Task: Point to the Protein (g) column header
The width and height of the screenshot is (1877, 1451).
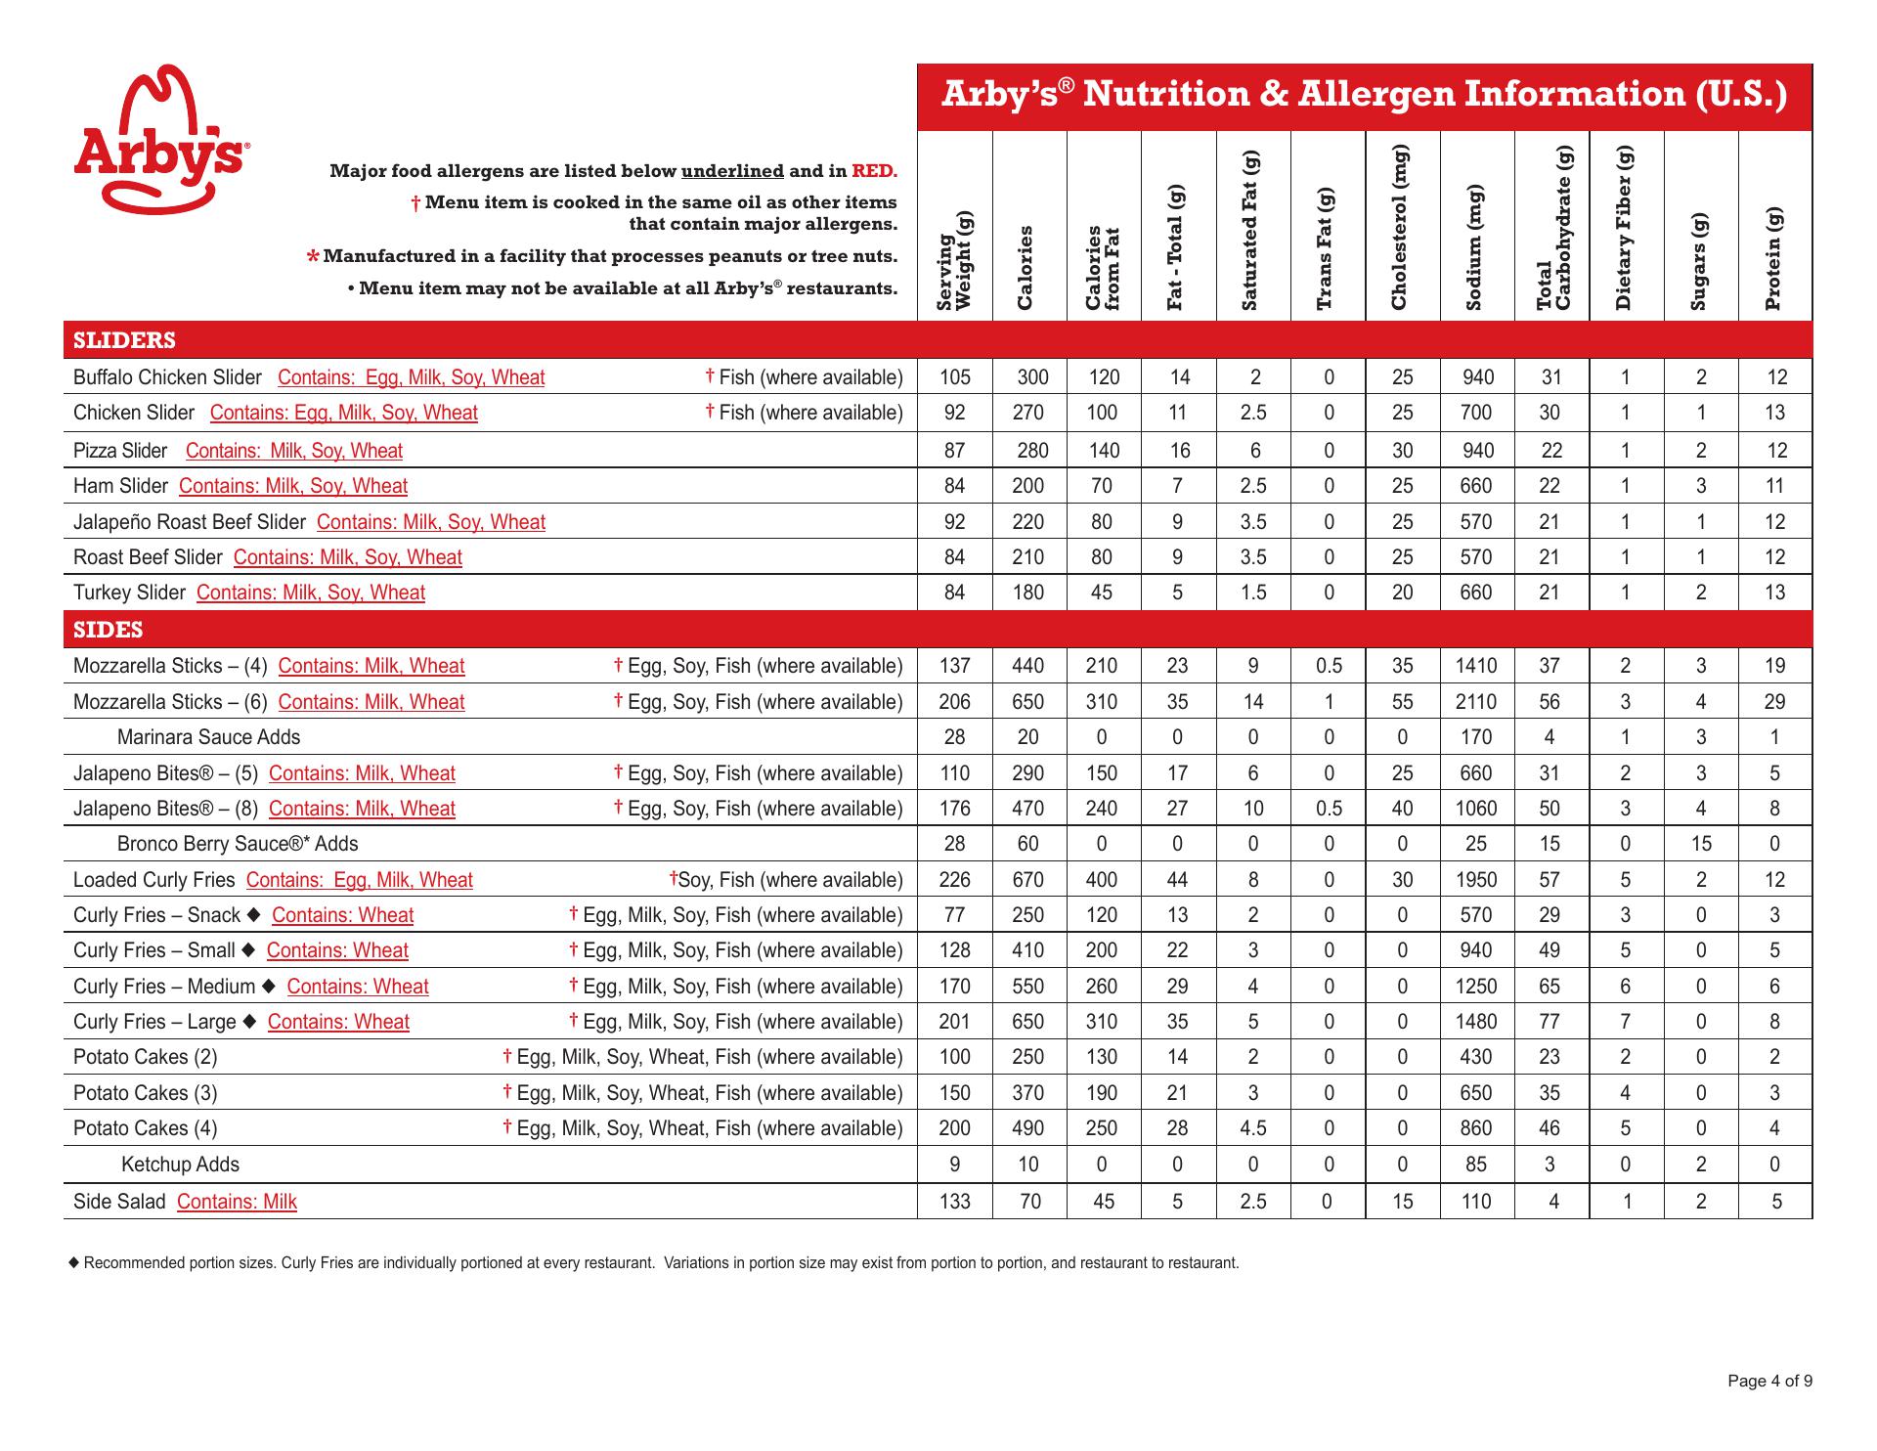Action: pyautogui.click(x=1774, y=258)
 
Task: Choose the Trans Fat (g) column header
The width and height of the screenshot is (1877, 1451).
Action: pyautogui.click(x=1327, y=248)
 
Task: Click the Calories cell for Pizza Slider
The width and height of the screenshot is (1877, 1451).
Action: pyautogui.click(x=1031, y=451)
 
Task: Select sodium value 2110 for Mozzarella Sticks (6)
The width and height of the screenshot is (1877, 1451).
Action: pyautogui.click(x=1475, y=702)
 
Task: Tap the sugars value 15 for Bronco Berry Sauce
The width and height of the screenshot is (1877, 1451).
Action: pyautogui.click(x=1701, y=844)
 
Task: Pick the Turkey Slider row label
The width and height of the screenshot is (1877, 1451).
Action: pyautogui.click(x=129, y=593)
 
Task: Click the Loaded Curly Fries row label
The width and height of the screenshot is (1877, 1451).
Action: pyautogui.click(x=154, y=880)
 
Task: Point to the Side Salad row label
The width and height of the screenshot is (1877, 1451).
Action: pyautogui.click(x=119, y=1202)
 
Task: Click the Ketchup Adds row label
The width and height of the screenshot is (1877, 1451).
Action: pyautogui.click(x=180, y=1165)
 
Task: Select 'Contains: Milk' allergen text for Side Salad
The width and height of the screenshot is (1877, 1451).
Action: pyautogui.click(x=237, y=1202)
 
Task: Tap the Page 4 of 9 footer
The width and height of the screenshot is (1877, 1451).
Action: pyautogui.click(x=1769, y=1382)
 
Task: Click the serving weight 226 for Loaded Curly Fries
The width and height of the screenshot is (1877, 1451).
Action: pyautogui.click(x=954, y=880)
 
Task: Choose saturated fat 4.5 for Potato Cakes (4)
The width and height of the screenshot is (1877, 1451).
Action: pyautogui.click(x=1253, y=1128)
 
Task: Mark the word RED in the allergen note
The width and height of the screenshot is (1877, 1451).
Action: pyautogui.click(x=873, y=171)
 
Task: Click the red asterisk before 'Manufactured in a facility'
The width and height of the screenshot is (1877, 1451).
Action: pyautogui.click(x=312, y=257)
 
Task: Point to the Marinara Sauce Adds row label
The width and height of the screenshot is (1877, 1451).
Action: pyautogui.click(x=208, y=737)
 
